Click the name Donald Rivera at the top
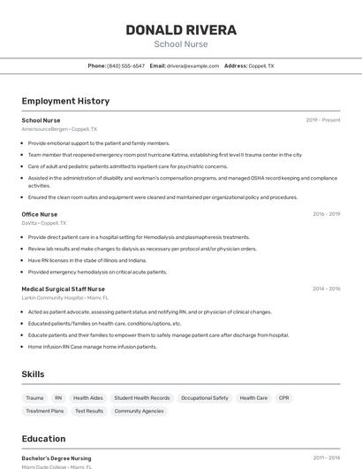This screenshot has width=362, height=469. click(x=181, y=30)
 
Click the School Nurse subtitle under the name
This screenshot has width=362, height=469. click(x=181, y=43)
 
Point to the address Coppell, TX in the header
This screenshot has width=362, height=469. click(x=261, y=65)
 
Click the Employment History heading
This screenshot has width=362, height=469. click(x=65, y=101)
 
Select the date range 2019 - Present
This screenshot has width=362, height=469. click(x=323, y=120)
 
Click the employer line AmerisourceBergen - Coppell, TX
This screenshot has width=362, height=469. click(x=59, y=129)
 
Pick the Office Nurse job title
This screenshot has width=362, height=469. click(x=40, y=214)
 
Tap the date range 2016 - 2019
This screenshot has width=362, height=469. click(x=326, y=214)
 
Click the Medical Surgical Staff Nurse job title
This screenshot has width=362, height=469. click(x=63, y=288)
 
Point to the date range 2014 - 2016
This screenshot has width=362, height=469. click(x=326, y=288)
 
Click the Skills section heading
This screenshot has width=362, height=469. click(x=34, y=374)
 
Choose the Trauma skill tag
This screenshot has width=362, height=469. click(x=34, y=398)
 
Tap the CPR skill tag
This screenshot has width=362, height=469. click(x=283, y=398)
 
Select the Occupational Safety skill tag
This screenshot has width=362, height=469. click(x=205, y=398)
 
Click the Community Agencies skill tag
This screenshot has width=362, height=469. click(x=140, y=411)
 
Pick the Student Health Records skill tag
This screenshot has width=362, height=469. click(x=142, y=398)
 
